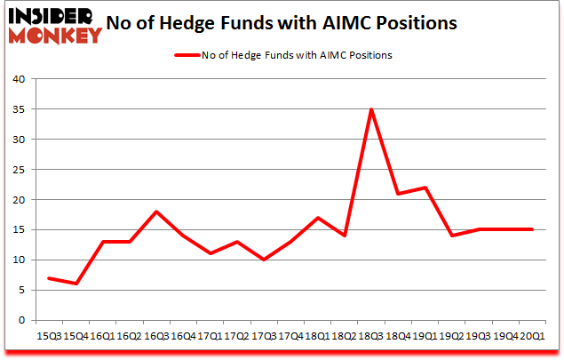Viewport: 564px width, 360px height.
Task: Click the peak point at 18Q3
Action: click(x=370, y=109)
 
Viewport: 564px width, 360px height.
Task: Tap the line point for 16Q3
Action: click(x=156, y=212)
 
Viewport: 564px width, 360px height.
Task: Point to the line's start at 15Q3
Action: click(x=50, y=278)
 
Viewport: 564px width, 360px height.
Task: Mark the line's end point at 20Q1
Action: click(x=532, y=229)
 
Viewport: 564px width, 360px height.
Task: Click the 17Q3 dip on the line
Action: click(x=264, y=260)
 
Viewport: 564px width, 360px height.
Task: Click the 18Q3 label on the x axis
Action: click(x=370, y=336)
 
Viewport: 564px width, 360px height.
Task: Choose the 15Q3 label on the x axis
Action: click(x=50, y=336)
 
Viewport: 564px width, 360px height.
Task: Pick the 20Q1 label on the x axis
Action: click(x=532, y=336)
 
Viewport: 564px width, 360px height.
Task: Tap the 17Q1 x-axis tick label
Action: click(x=211, y=336)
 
